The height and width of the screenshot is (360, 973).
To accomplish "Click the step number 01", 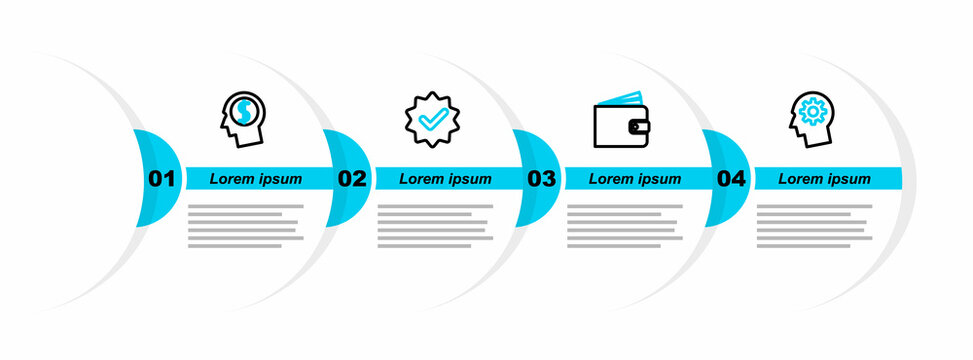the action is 161,179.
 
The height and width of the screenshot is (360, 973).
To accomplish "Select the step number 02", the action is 351,179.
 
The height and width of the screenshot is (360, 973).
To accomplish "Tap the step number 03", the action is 541,179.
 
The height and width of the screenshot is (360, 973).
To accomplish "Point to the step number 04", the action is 731,179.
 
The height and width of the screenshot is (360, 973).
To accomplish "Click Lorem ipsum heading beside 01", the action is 256,179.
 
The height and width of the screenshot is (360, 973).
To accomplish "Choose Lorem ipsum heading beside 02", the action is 446,179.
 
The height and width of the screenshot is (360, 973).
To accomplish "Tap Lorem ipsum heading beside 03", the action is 635,179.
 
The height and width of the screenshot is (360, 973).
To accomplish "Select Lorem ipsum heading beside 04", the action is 825,179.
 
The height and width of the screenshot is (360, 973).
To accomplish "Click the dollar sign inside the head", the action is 243,112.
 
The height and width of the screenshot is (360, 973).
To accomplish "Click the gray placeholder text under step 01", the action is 244,225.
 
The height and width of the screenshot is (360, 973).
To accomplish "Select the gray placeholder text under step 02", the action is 434,225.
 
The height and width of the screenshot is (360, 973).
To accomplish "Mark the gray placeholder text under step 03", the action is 624,225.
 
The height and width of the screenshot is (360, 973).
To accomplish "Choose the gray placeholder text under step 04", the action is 813,225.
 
